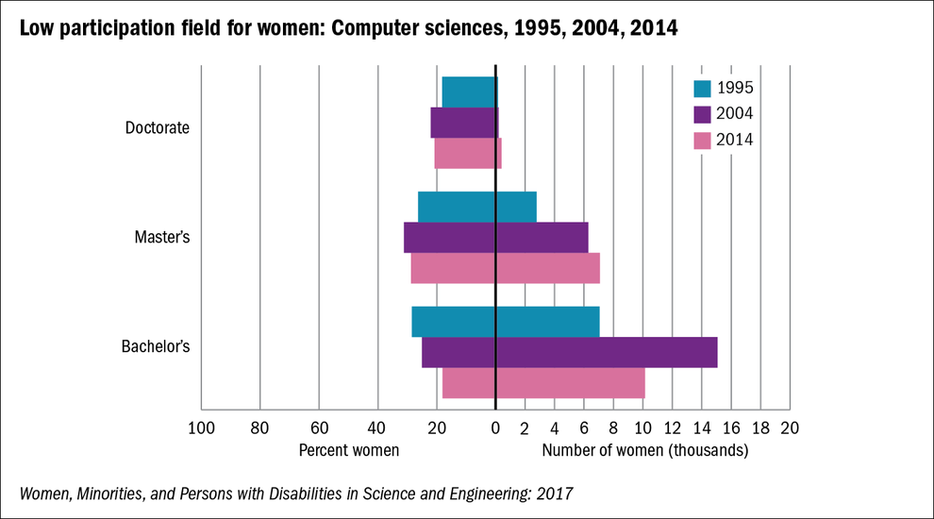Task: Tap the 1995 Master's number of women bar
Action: click(516, 207)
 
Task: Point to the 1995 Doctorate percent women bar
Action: click(469, 92)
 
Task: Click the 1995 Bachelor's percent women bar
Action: click(454, 322)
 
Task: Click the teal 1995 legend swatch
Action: click(702, 89)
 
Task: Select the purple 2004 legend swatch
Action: click(702, 114)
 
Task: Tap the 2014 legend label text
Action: click(735, 140)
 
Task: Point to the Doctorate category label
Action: click(158, 127)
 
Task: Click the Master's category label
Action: click(162, 237)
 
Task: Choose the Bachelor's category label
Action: click(156, 346)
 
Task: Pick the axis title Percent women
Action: click(349, 450)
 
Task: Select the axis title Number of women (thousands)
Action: click(645, 450)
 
